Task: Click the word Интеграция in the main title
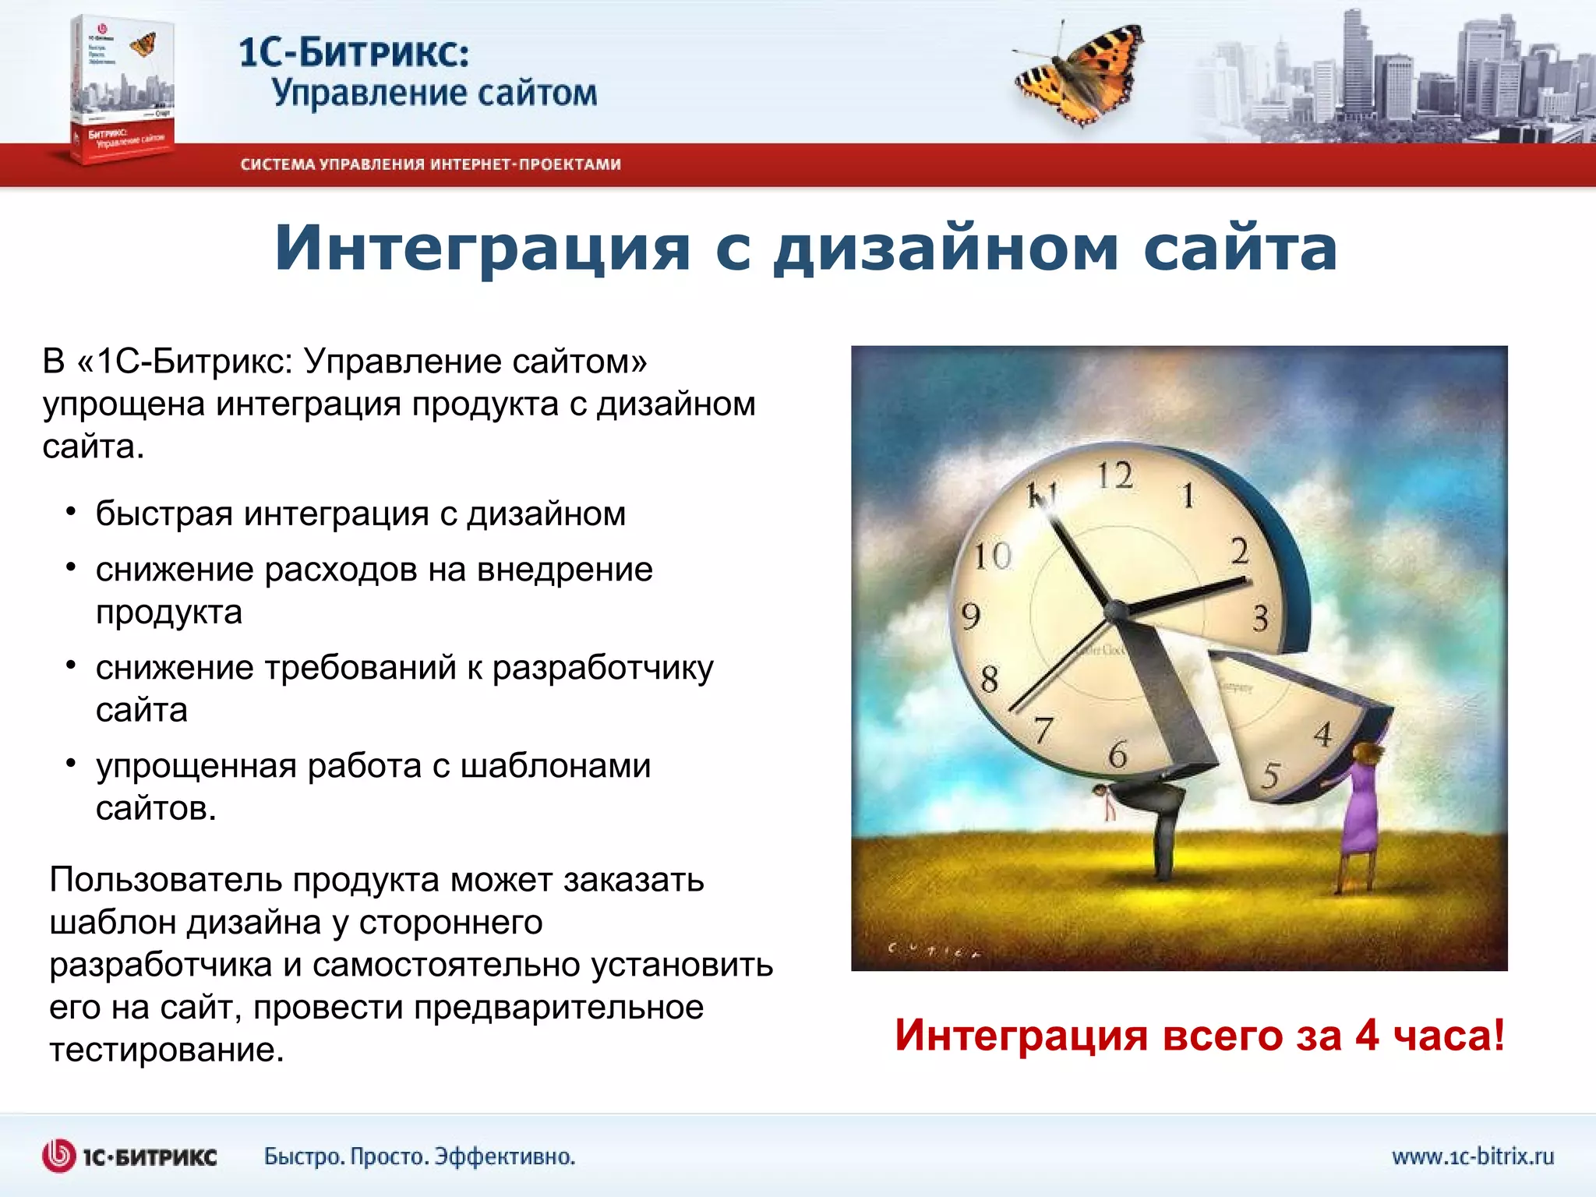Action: pyautogui.click(x=482, y=248)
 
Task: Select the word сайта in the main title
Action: pyautogui.click(x=1241, y=248)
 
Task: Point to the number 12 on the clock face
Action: pyautogui.click(x=1114, y=475)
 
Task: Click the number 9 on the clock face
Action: pyautogui.click(x=971, y=616)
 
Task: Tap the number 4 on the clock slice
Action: pyautogui.click(x=1322, y=735)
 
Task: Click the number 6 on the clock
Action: pyautogui.click(x=1118, y=754)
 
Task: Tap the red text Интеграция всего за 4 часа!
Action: pyautogui.click(x=1199, y=1036)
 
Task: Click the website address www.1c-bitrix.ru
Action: pyautogui.click(x=1473, y=1156)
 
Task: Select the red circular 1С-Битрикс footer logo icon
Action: pyautogui.click(x=58, y=1156)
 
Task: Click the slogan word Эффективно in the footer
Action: pyautogui.click(x=504, y=1156)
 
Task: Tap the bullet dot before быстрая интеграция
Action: pyautogui.click(x=71, y=512)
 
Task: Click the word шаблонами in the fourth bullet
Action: pyautogui.click(x=555, y=766)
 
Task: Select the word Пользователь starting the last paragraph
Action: pyautogui.click(x=166, y=880)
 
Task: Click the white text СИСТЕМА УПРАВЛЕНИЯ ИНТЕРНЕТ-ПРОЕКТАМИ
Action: pyautogui.click(x=430, y=164)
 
